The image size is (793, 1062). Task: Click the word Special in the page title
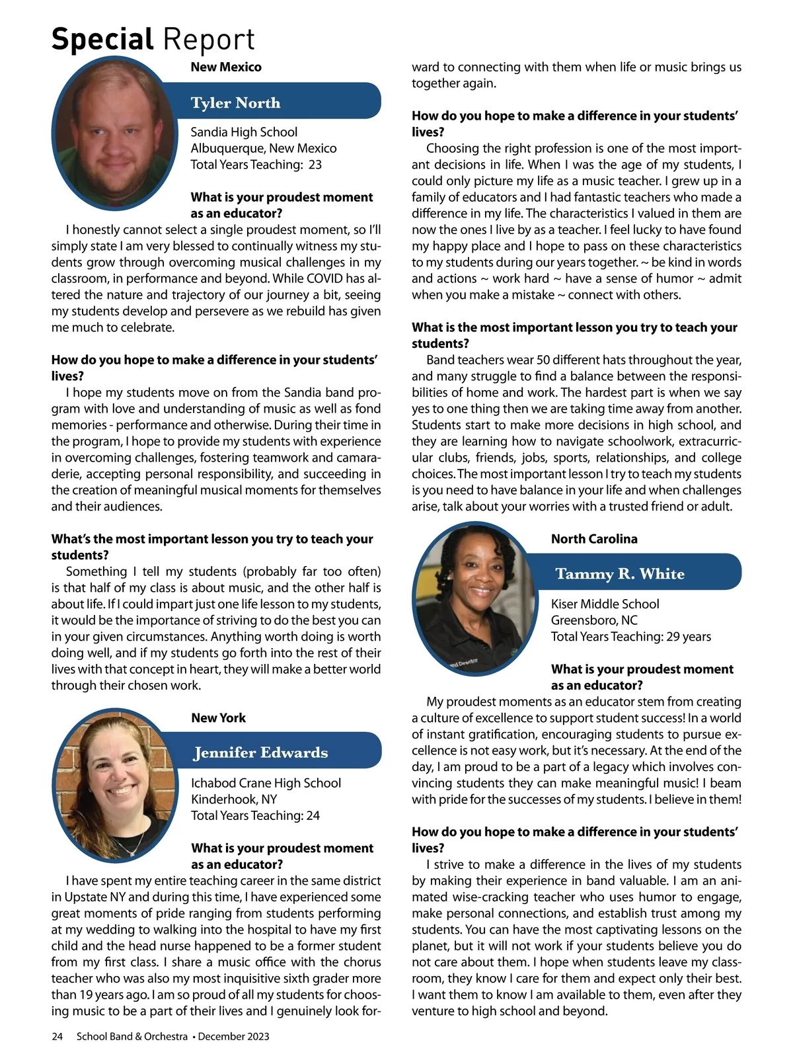click(102, 40)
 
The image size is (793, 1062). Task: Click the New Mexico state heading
click(226, 67)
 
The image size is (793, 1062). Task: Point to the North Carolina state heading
click(594, 539)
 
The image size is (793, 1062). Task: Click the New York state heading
click(218, 717)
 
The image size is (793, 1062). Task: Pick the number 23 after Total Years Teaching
click(315, 165)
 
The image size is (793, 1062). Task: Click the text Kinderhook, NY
click(234, 799)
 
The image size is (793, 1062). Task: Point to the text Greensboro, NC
click(594, 620)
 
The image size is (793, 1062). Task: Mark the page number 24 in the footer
click(57, 1036)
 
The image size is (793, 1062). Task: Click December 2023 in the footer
click(233, 1036)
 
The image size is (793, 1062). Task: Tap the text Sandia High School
click(244, 132)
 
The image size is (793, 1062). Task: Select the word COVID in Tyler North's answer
click(319, 278)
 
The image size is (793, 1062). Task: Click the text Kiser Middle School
click(605, 604)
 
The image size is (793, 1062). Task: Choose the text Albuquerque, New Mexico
click(264, 148)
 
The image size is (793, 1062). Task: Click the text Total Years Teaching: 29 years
click(631, 636)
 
